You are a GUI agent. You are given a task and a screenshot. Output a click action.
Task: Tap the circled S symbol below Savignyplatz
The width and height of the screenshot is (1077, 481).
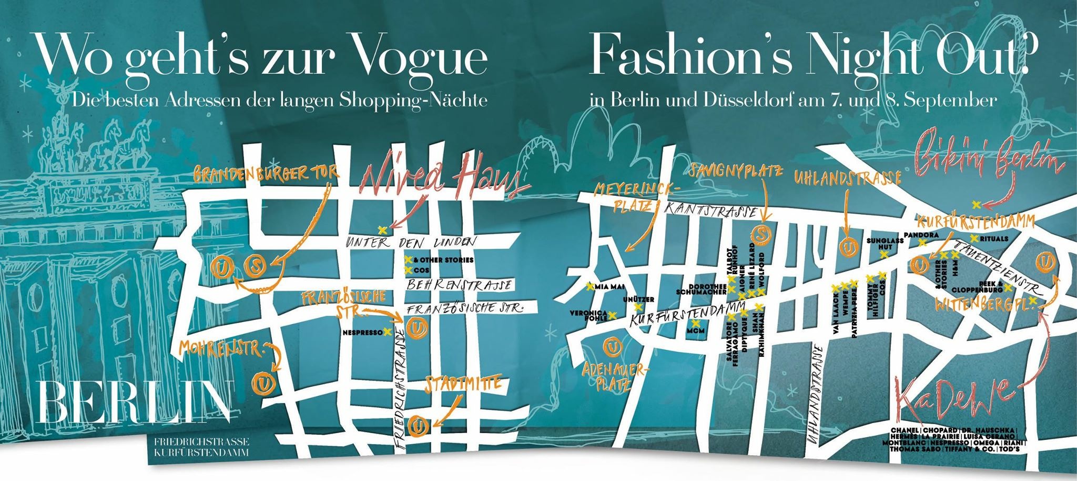(x=761, y=232)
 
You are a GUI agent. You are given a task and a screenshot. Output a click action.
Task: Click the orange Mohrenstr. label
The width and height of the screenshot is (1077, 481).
(x=222, y=347)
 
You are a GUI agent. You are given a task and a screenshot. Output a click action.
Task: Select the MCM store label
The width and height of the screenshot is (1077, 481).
(x=695, y=330)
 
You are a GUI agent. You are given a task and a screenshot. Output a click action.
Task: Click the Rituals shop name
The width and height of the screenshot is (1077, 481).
(x=994, y=238)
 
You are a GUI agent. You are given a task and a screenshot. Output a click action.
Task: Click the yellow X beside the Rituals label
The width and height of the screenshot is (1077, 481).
(x=974, y=238)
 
